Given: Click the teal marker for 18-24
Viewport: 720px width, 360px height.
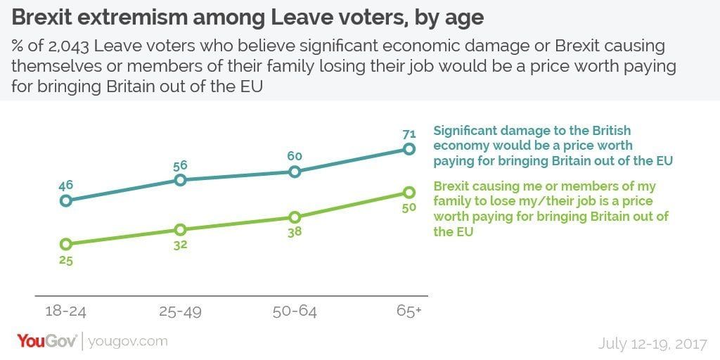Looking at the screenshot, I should tap(65, 200).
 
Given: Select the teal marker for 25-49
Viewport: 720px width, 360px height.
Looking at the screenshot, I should tap(180, 179).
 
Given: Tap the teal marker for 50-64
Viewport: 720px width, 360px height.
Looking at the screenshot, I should tap(295, 171).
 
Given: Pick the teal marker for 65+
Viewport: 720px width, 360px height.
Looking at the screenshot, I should tap(408, 148).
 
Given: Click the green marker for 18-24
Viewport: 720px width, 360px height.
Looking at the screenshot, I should tap(65, 244).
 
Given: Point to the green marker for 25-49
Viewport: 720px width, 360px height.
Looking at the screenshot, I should tap(180, 229).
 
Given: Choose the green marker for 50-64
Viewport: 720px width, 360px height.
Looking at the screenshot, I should tap(295, 217).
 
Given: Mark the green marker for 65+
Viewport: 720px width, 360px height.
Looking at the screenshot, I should tap(408, 192).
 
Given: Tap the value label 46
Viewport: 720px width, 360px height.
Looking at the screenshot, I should tap(65, 185).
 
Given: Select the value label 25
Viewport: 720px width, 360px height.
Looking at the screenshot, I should tap(65, 261).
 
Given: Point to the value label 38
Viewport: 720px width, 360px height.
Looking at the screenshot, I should tap(295, 233).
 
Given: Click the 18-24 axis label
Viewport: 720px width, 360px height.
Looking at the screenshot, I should tap(65, 310).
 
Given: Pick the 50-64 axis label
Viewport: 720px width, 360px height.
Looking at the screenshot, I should tap(295, 310).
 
